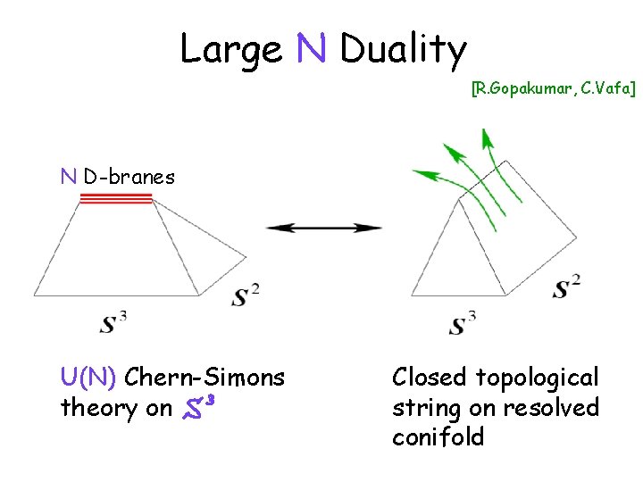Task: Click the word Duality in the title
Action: pos(403,50)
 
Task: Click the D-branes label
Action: pos(129,177)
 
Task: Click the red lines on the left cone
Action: pos(117,199)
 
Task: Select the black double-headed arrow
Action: pos(323,228)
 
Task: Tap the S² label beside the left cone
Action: pos(246,295)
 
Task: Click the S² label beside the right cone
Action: pos(566,287)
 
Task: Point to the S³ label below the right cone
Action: pos(461,322)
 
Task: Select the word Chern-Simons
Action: pos(205,378)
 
